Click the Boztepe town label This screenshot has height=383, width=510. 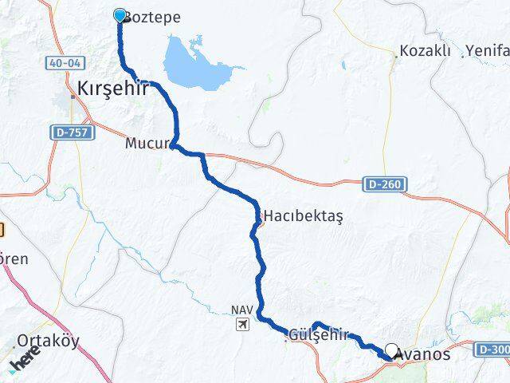pos(154,18)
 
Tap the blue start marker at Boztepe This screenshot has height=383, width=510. pos(120,15)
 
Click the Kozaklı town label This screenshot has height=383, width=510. pos(426,52)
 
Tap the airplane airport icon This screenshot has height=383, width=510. pos(242,325)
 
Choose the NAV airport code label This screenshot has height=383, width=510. pos(241,310)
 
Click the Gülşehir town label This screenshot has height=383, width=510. pos(320,335)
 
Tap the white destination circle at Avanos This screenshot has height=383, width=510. pos(392,349)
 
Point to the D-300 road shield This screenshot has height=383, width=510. pos(492,349)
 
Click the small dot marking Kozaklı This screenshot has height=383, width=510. pos(397,57)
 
